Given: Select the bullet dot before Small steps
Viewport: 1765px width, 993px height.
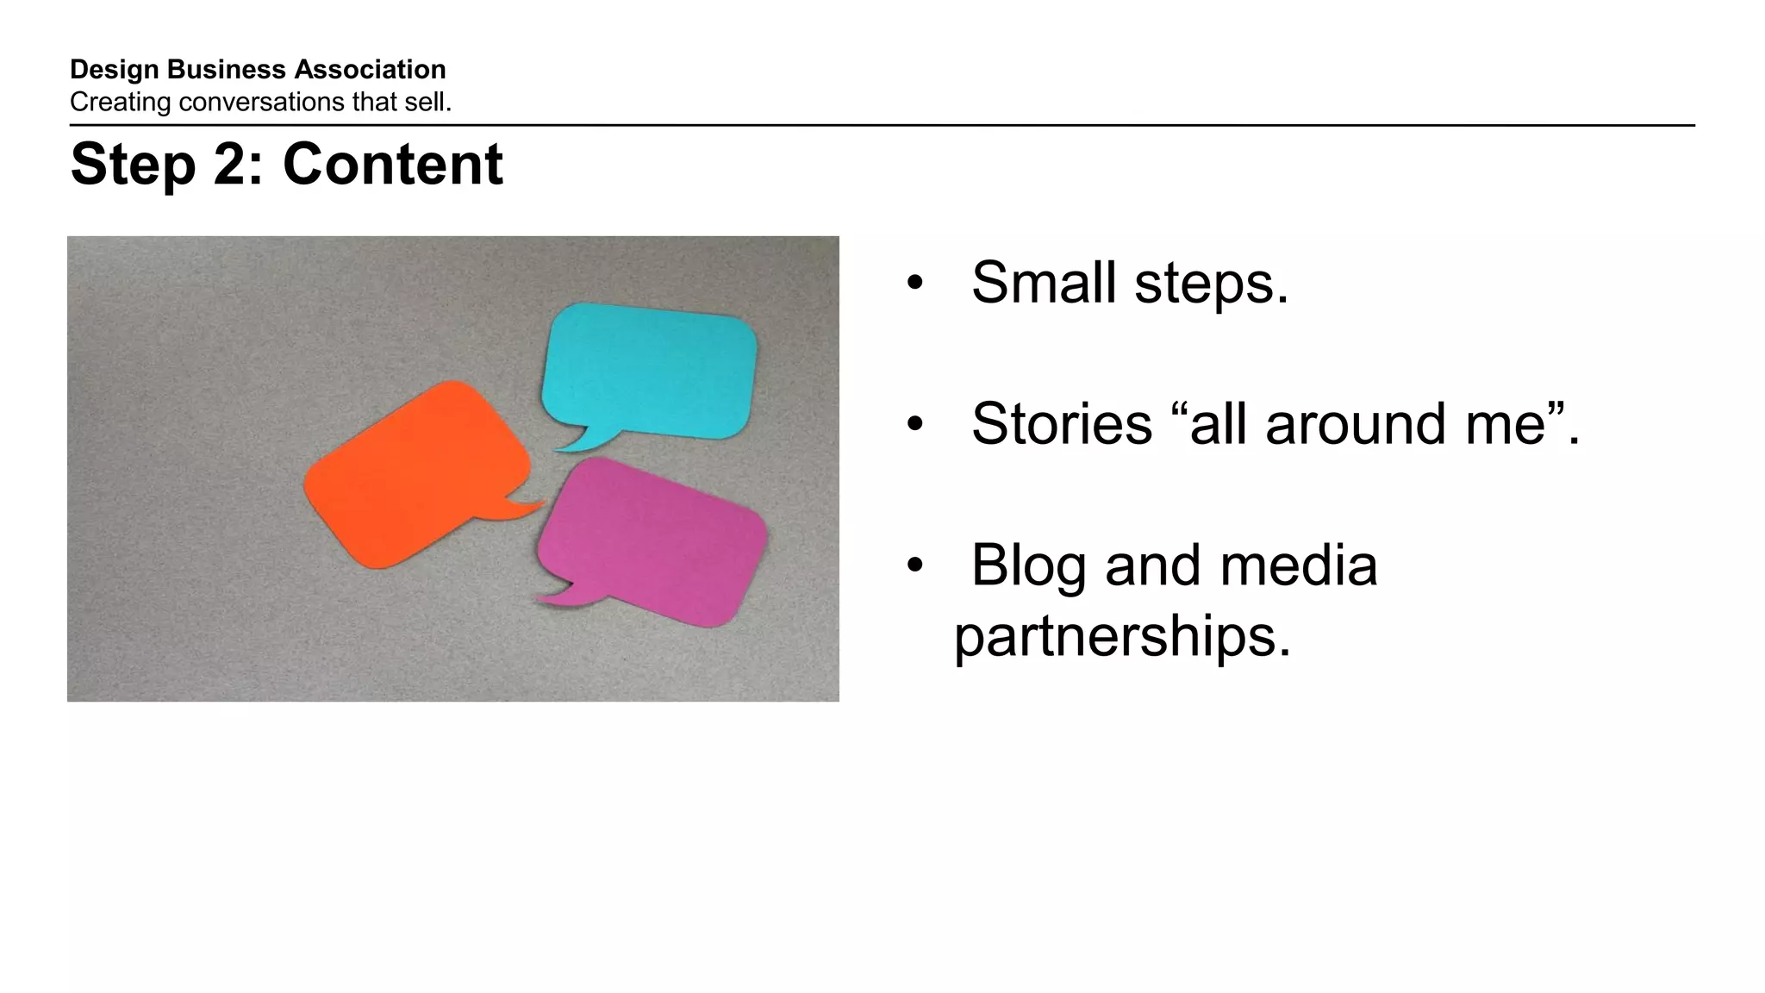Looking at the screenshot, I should tap(914, 284).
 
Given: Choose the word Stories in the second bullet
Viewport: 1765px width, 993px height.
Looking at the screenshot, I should tap(1062, 423).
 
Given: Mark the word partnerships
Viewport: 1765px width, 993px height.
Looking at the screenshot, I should tap(1122, 636).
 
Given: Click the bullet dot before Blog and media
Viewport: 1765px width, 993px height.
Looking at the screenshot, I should tap(914, 566).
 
